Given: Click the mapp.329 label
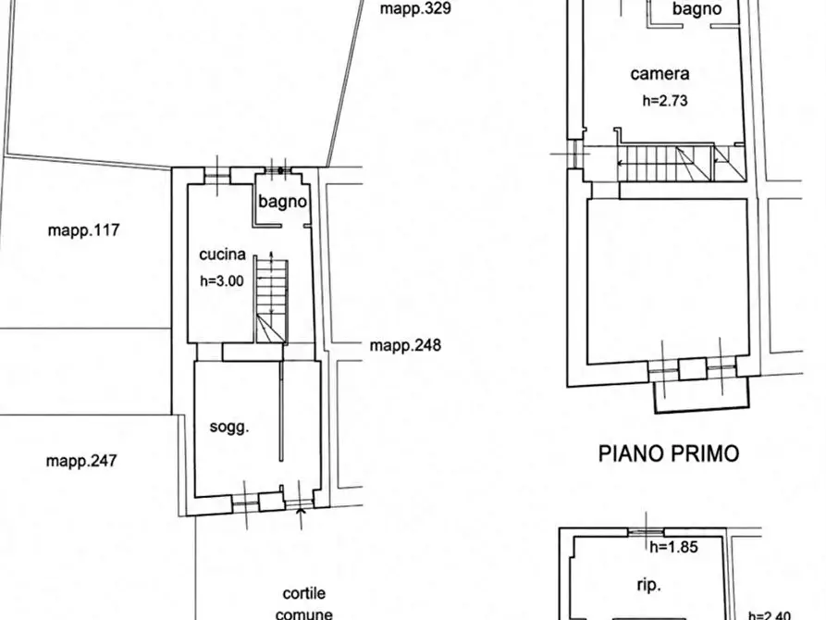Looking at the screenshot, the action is click(x=415, y=9).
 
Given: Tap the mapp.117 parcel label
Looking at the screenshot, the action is click(x=83, y=230).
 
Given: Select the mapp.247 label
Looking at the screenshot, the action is click(x=81, y=461).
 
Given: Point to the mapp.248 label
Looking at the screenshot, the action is click(x=405, y=345).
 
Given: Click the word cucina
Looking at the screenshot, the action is click(x=222, y=254).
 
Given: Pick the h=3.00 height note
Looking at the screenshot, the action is click(x=222, y=281).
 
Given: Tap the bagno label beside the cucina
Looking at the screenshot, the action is click(x=282, y=202).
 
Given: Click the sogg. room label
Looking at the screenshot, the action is click(x=229, y=427).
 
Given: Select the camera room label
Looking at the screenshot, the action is click(x=660, y=74).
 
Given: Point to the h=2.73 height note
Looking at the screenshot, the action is click(x=665, y=101).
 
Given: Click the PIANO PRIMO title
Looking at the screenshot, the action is click(x=669, y=453).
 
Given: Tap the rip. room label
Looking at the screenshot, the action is click(x=648, y=585).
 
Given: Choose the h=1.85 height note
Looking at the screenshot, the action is click(x=673, y=547).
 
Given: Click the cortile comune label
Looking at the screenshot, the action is click(x=304, y=603).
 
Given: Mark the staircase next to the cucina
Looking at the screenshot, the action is click(x=272, y=301).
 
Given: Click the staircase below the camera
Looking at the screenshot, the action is click(x=681, y=164).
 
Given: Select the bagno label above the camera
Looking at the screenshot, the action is click(x=697, y=9).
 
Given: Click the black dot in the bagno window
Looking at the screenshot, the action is click(x=281, y=171).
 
